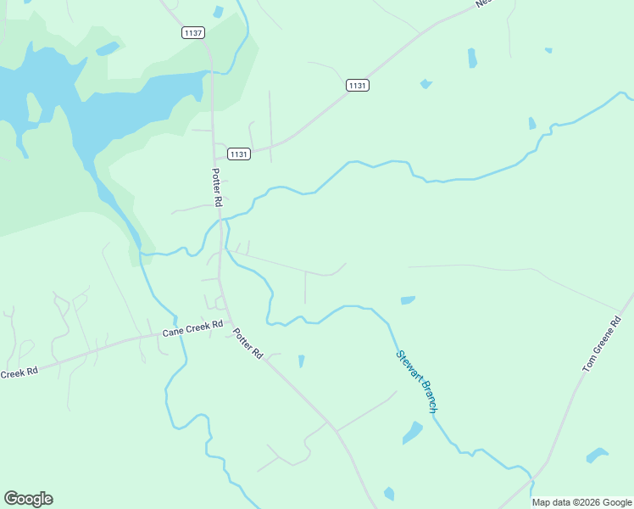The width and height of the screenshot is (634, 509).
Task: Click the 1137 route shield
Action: (x=193, y=33)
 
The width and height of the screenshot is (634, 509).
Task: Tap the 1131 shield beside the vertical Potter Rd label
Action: (x=239, y=154)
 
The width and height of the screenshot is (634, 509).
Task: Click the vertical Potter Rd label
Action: (x=216, y=187)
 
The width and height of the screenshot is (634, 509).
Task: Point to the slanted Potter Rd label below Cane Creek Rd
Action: (x=248, y=343)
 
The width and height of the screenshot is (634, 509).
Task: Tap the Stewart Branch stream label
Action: (x=417, y=382)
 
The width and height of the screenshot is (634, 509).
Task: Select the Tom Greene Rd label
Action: (x=603, y=344)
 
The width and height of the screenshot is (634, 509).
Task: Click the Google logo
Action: (x=28, y=499)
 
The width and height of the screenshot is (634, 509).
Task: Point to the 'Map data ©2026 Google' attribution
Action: (x=581, y=502)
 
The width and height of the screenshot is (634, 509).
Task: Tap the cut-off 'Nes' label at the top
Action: (x=483, y=3)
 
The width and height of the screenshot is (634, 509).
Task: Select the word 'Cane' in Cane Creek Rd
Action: (x=174, y=332)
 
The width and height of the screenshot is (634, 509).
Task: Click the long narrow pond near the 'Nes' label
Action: (x=471, y=58)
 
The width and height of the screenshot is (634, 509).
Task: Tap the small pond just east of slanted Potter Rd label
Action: (x=301, y=361)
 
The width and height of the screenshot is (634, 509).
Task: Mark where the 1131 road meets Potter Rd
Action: (x=213, y=158)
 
